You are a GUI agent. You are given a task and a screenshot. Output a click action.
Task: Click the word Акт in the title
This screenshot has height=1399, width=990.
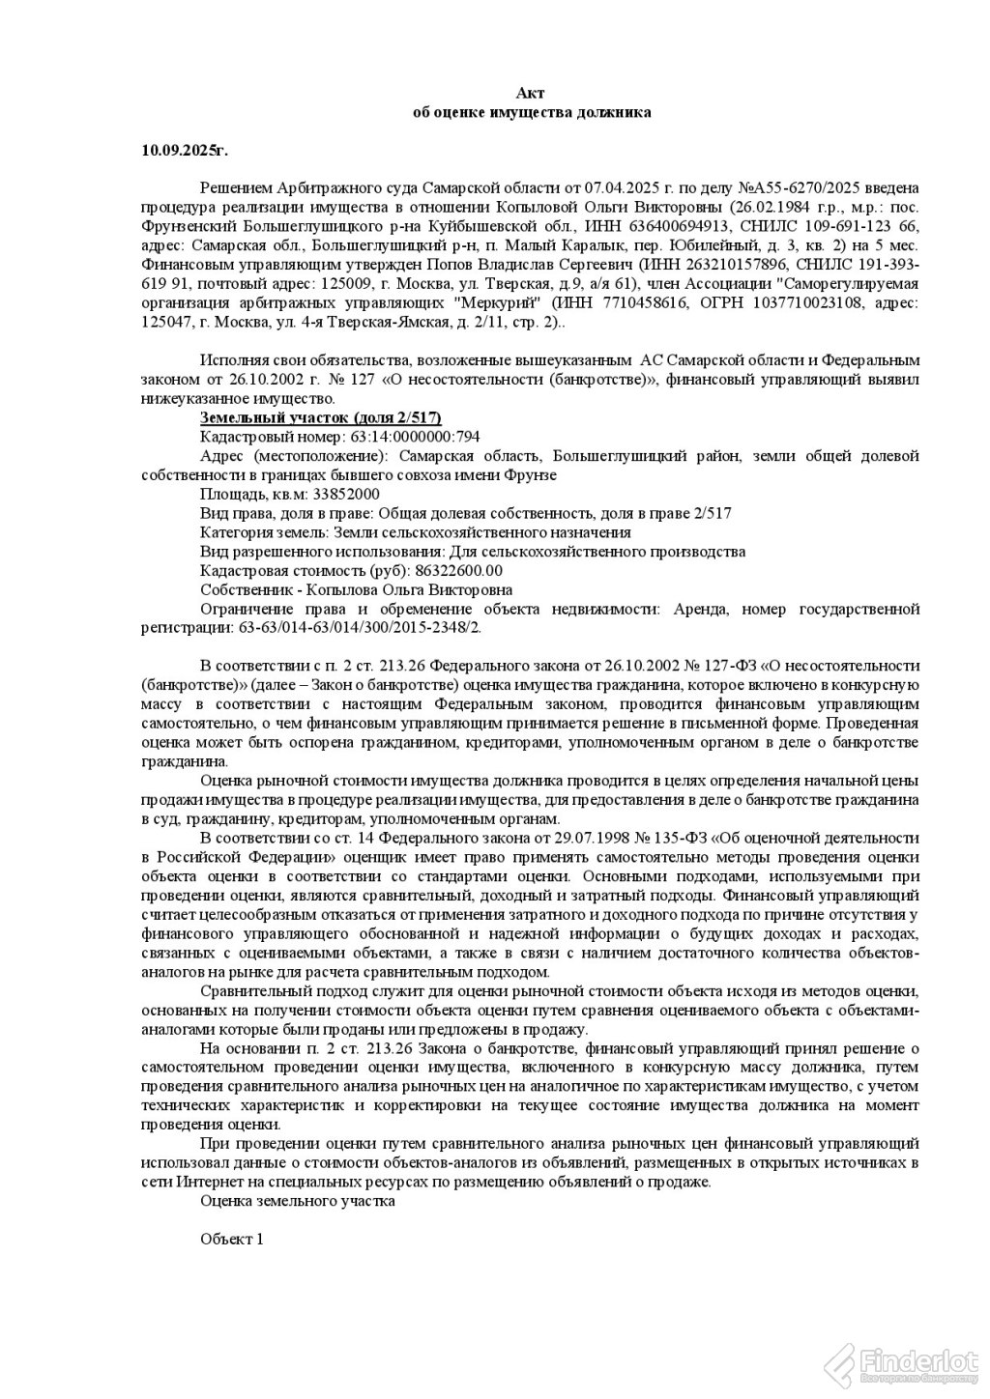531,93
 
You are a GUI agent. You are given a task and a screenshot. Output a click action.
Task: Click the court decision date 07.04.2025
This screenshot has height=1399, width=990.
583,187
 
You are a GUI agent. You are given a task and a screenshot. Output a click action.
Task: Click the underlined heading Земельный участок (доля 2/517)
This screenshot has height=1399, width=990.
320,417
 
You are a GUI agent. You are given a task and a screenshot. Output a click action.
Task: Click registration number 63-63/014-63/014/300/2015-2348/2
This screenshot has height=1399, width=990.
358,627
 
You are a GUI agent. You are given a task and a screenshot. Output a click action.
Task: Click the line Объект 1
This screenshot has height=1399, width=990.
231,1239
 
